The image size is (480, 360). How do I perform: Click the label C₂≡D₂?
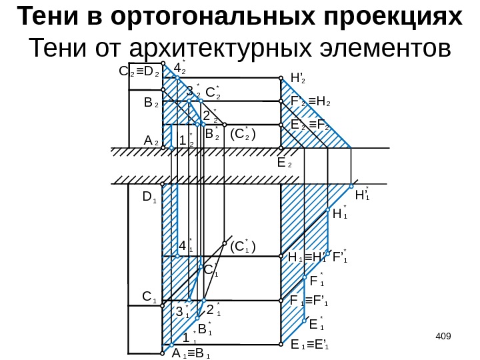tap(138, 69)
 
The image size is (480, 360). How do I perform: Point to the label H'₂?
tap(297, 79)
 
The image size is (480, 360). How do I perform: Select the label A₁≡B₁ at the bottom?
tap(191, 353)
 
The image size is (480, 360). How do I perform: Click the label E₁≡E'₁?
tap(310, 345)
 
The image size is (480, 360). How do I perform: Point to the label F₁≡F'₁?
tap(310, 301)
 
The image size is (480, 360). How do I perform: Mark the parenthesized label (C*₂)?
tap(244, 135)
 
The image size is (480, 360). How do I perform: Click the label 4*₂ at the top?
tap(180, 67)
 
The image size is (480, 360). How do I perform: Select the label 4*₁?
tap(185, 247)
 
